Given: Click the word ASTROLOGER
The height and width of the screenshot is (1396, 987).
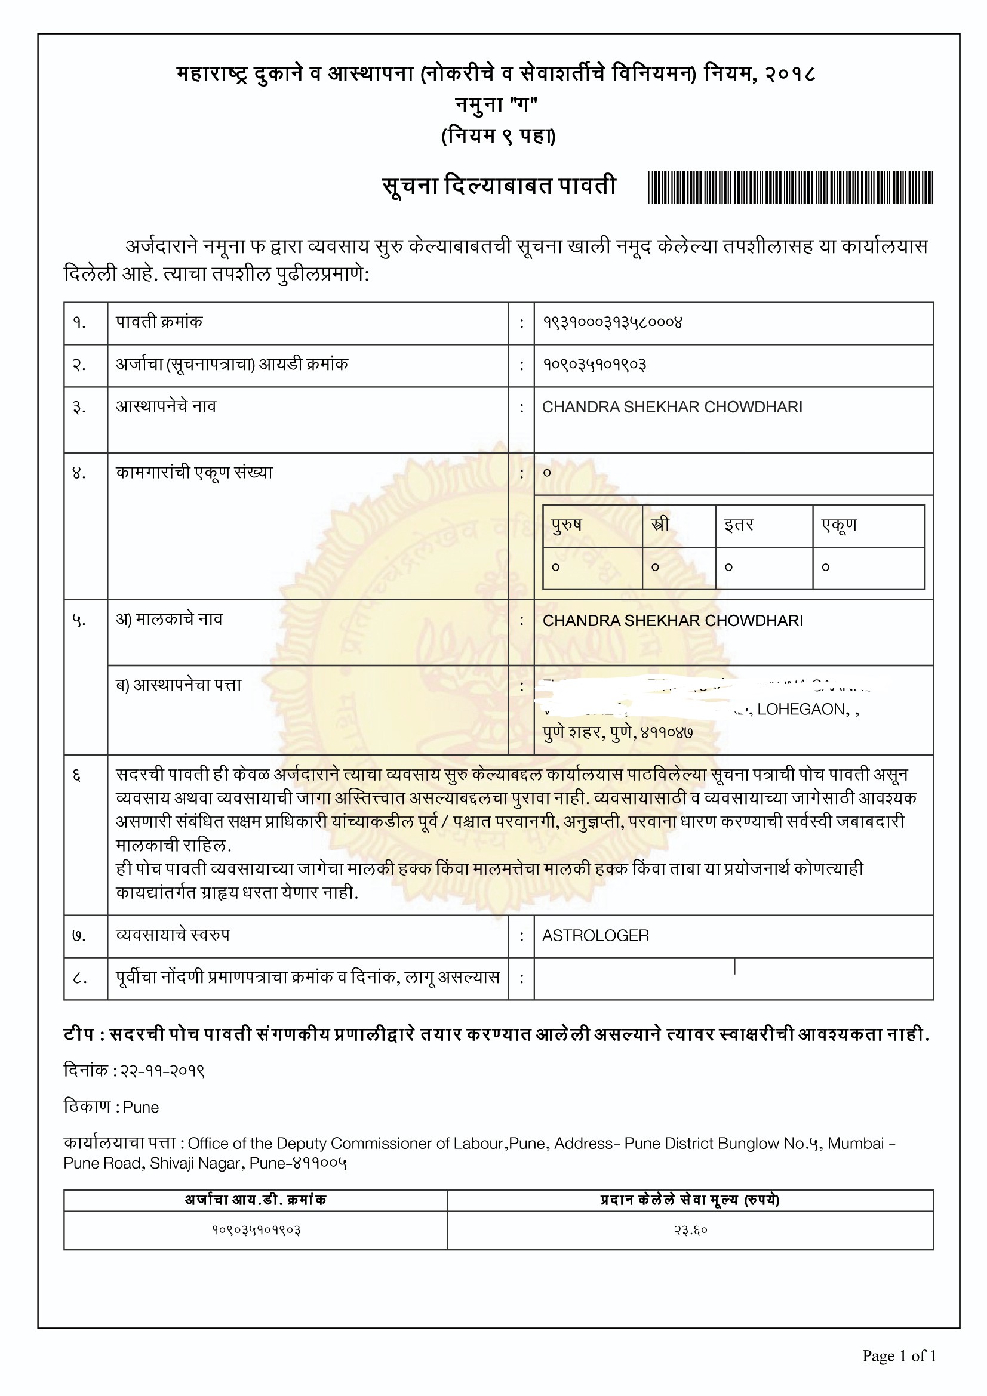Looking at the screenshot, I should point(595,936).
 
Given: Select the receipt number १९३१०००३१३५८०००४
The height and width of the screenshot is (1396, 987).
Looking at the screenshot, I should point(613,322).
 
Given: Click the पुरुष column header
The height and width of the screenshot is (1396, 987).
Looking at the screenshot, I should point(566,525).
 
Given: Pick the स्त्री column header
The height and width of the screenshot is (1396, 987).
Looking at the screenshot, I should point(660,525).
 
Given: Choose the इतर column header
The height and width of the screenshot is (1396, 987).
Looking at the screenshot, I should point(738,525).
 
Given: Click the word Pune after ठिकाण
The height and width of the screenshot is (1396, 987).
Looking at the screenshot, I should point(140,1107).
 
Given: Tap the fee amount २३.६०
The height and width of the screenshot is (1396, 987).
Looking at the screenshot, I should point(690,1231).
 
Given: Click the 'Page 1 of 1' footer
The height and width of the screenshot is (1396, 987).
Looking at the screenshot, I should point(899,1356).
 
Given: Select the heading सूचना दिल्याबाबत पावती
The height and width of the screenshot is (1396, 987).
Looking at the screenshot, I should point(499,186).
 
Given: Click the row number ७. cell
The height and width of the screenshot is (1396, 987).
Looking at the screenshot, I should point(79,936).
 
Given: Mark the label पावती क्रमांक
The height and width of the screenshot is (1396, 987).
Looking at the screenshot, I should point(159,322).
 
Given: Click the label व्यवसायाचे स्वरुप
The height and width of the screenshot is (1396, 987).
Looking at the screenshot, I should point(173,935).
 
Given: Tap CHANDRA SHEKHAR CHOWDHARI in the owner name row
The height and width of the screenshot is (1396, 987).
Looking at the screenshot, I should point(672,621).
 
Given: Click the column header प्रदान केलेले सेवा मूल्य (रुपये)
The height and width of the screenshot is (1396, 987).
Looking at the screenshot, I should point(690,1200).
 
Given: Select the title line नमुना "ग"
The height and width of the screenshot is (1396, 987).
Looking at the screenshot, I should point(496,104).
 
